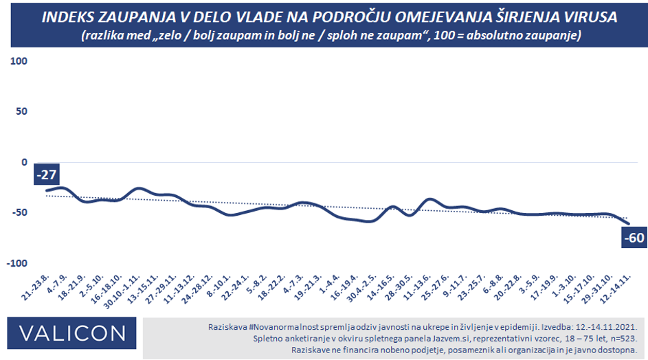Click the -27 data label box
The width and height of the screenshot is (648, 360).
point(47,175)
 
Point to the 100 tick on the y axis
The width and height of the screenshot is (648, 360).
point(19,61)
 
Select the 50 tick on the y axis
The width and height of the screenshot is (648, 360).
point(21,111)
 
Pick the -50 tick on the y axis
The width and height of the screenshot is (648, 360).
point(19,213)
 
